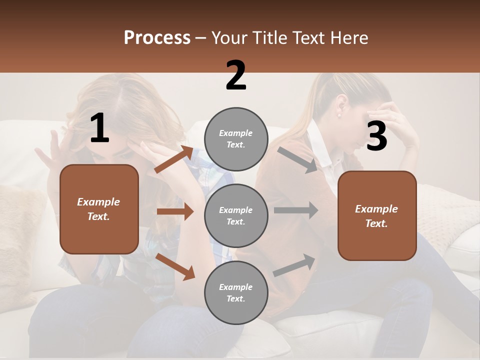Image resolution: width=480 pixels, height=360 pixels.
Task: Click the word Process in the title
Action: pos(157,38)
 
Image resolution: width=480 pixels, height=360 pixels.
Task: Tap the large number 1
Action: pos(99,128)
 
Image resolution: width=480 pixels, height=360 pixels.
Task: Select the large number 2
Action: pos(236,75)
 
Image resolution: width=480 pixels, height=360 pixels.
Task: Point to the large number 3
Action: pos(376,136)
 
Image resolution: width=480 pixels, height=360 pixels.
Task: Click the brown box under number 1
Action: pos(99,209)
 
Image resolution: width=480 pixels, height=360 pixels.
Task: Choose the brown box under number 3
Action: pos(377,215)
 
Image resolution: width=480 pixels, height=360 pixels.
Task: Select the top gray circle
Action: pos(236,139)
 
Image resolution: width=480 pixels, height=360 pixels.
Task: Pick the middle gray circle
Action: pos(236,215)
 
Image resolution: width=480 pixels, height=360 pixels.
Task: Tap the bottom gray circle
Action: pos(236,292)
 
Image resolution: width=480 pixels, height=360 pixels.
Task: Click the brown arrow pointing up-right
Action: pos(174,159)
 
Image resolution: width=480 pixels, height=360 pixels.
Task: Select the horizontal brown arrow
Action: pos(175,211)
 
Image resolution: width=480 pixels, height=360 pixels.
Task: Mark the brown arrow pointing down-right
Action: pos(175,266)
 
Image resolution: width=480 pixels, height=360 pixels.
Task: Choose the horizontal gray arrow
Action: pos(295,210)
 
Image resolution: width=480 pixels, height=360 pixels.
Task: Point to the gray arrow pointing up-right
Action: pos(294,265)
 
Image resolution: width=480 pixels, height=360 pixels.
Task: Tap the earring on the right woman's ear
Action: pos(338,115)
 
